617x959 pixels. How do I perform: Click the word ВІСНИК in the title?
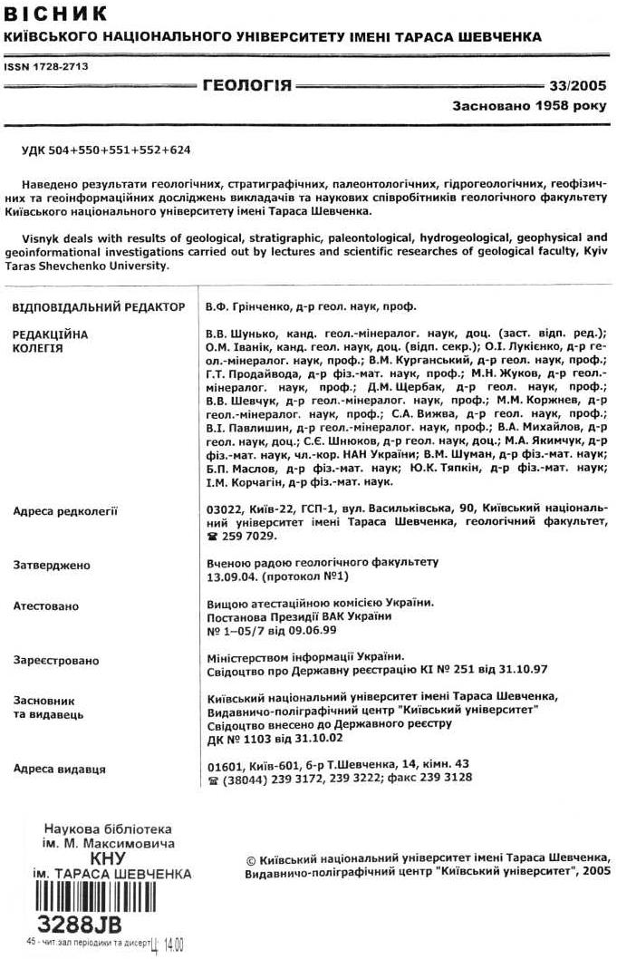point(56,14)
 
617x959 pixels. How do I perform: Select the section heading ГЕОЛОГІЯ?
point(247,86)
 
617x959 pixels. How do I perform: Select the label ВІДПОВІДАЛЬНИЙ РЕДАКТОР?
point(99,307)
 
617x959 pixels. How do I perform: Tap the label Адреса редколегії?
point(65,511)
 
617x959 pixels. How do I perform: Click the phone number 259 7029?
point(242,537)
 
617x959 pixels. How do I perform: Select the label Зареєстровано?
point(56,661)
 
